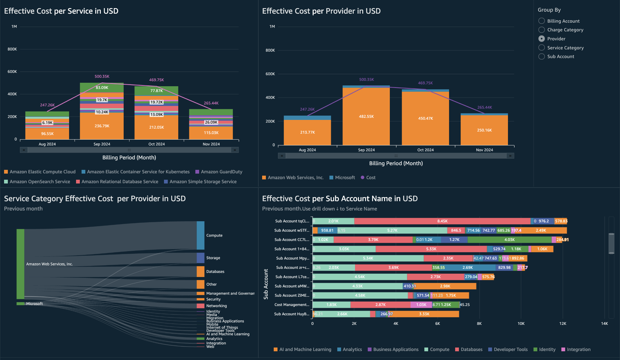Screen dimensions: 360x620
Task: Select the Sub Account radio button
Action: click(x=542, y=57)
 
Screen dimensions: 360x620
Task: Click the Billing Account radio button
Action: click(x=542, y=21)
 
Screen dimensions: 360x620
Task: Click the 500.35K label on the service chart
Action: click(x=102, y=76)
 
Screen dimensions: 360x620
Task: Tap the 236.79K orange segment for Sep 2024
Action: click(x=102, y=126)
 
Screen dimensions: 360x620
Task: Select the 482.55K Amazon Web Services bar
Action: click(x=366, y=116)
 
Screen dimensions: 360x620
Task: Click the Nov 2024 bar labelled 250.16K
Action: click(x=484, y=130)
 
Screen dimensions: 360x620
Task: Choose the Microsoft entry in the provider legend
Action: click(x=345, y=177)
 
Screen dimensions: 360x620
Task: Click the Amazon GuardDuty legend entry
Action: click(x=221, y=172)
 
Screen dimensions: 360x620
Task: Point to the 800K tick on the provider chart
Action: click(x=270, y=50)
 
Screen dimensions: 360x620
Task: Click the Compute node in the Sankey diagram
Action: click(x=201, y=235)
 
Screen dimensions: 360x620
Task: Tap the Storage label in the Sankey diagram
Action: click(x=213, y=258)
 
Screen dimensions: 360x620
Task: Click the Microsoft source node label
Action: click(x=34, y=304)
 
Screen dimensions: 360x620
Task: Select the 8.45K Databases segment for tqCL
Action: click(x=442, y=221)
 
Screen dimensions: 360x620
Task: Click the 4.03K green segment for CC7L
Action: click(x=509, y=240)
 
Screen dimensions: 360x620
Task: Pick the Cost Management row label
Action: click(x=292, y=305)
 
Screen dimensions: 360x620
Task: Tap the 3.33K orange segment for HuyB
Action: click(x=424, y=314)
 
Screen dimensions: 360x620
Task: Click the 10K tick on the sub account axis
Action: click(x=521, y=323)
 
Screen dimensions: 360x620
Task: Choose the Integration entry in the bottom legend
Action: click(x=578, y=349)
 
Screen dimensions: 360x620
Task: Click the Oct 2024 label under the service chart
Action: click(x=156, y=144)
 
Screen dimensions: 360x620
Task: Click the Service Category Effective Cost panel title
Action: click(x=95, y=199)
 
